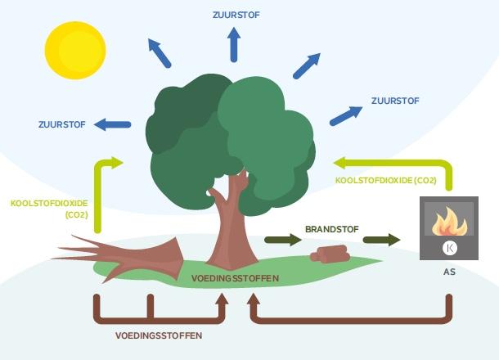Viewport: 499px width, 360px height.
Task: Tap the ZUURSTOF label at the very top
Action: tap(233, 14)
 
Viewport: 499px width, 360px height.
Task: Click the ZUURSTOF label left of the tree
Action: tap(62, 124)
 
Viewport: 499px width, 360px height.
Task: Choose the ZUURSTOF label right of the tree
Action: tap(395, 101)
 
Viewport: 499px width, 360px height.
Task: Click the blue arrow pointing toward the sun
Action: tap(160, 52)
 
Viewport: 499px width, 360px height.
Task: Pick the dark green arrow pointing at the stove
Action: tap(381, 241)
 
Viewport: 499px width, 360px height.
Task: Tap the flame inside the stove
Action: tap(448, 222)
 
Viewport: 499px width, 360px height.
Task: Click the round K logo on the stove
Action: tap(448, 247)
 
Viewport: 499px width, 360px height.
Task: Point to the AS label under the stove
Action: tap(449, 272)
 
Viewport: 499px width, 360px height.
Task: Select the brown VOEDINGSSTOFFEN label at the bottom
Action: tap(158, 335)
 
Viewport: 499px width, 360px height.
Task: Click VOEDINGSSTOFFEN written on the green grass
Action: tap(235, 278)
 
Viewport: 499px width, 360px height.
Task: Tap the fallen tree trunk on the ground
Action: tap(123, 254)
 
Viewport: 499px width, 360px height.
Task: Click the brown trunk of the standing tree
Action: tap(227, 229)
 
